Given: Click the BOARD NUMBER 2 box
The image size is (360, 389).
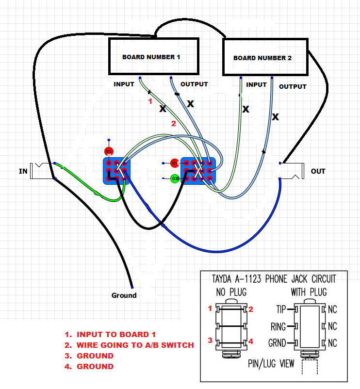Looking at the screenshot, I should [264, 58].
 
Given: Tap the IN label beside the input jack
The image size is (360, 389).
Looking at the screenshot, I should [23, 171].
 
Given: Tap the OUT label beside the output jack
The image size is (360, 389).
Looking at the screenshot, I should [318, 171].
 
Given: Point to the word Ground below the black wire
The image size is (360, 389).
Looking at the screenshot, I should [124, 295].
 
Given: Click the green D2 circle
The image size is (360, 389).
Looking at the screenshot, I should [175, 179].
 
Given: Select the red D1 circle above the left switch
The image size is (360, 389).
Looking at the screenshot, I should [109, 151].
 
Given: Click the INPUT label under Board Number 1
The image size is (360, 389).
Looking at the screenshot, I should [124, 84].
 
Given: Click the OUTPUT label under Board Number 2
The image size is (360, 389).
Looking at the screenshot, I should [293, 86].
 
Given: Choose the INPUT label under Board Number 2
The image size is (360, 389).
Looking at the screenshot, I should [256, 84].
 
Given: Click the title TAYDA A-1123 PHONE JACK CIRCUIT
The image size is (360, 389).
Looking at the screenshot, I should [274, 279].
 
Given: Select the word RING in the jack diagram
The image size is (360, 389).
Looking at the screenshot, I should [278, 326].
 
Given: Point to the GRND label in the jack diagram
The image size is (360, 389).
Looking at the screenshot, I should [277, 343].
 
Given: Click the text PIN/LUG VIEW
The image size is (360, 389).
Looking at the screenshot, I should [271, 363].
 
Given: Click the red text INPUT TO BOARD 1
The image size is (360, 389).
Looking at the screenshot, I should [116, 334].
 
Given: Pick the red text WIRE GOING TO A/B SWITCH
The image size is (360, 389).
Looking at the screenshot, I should [135, 345].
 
